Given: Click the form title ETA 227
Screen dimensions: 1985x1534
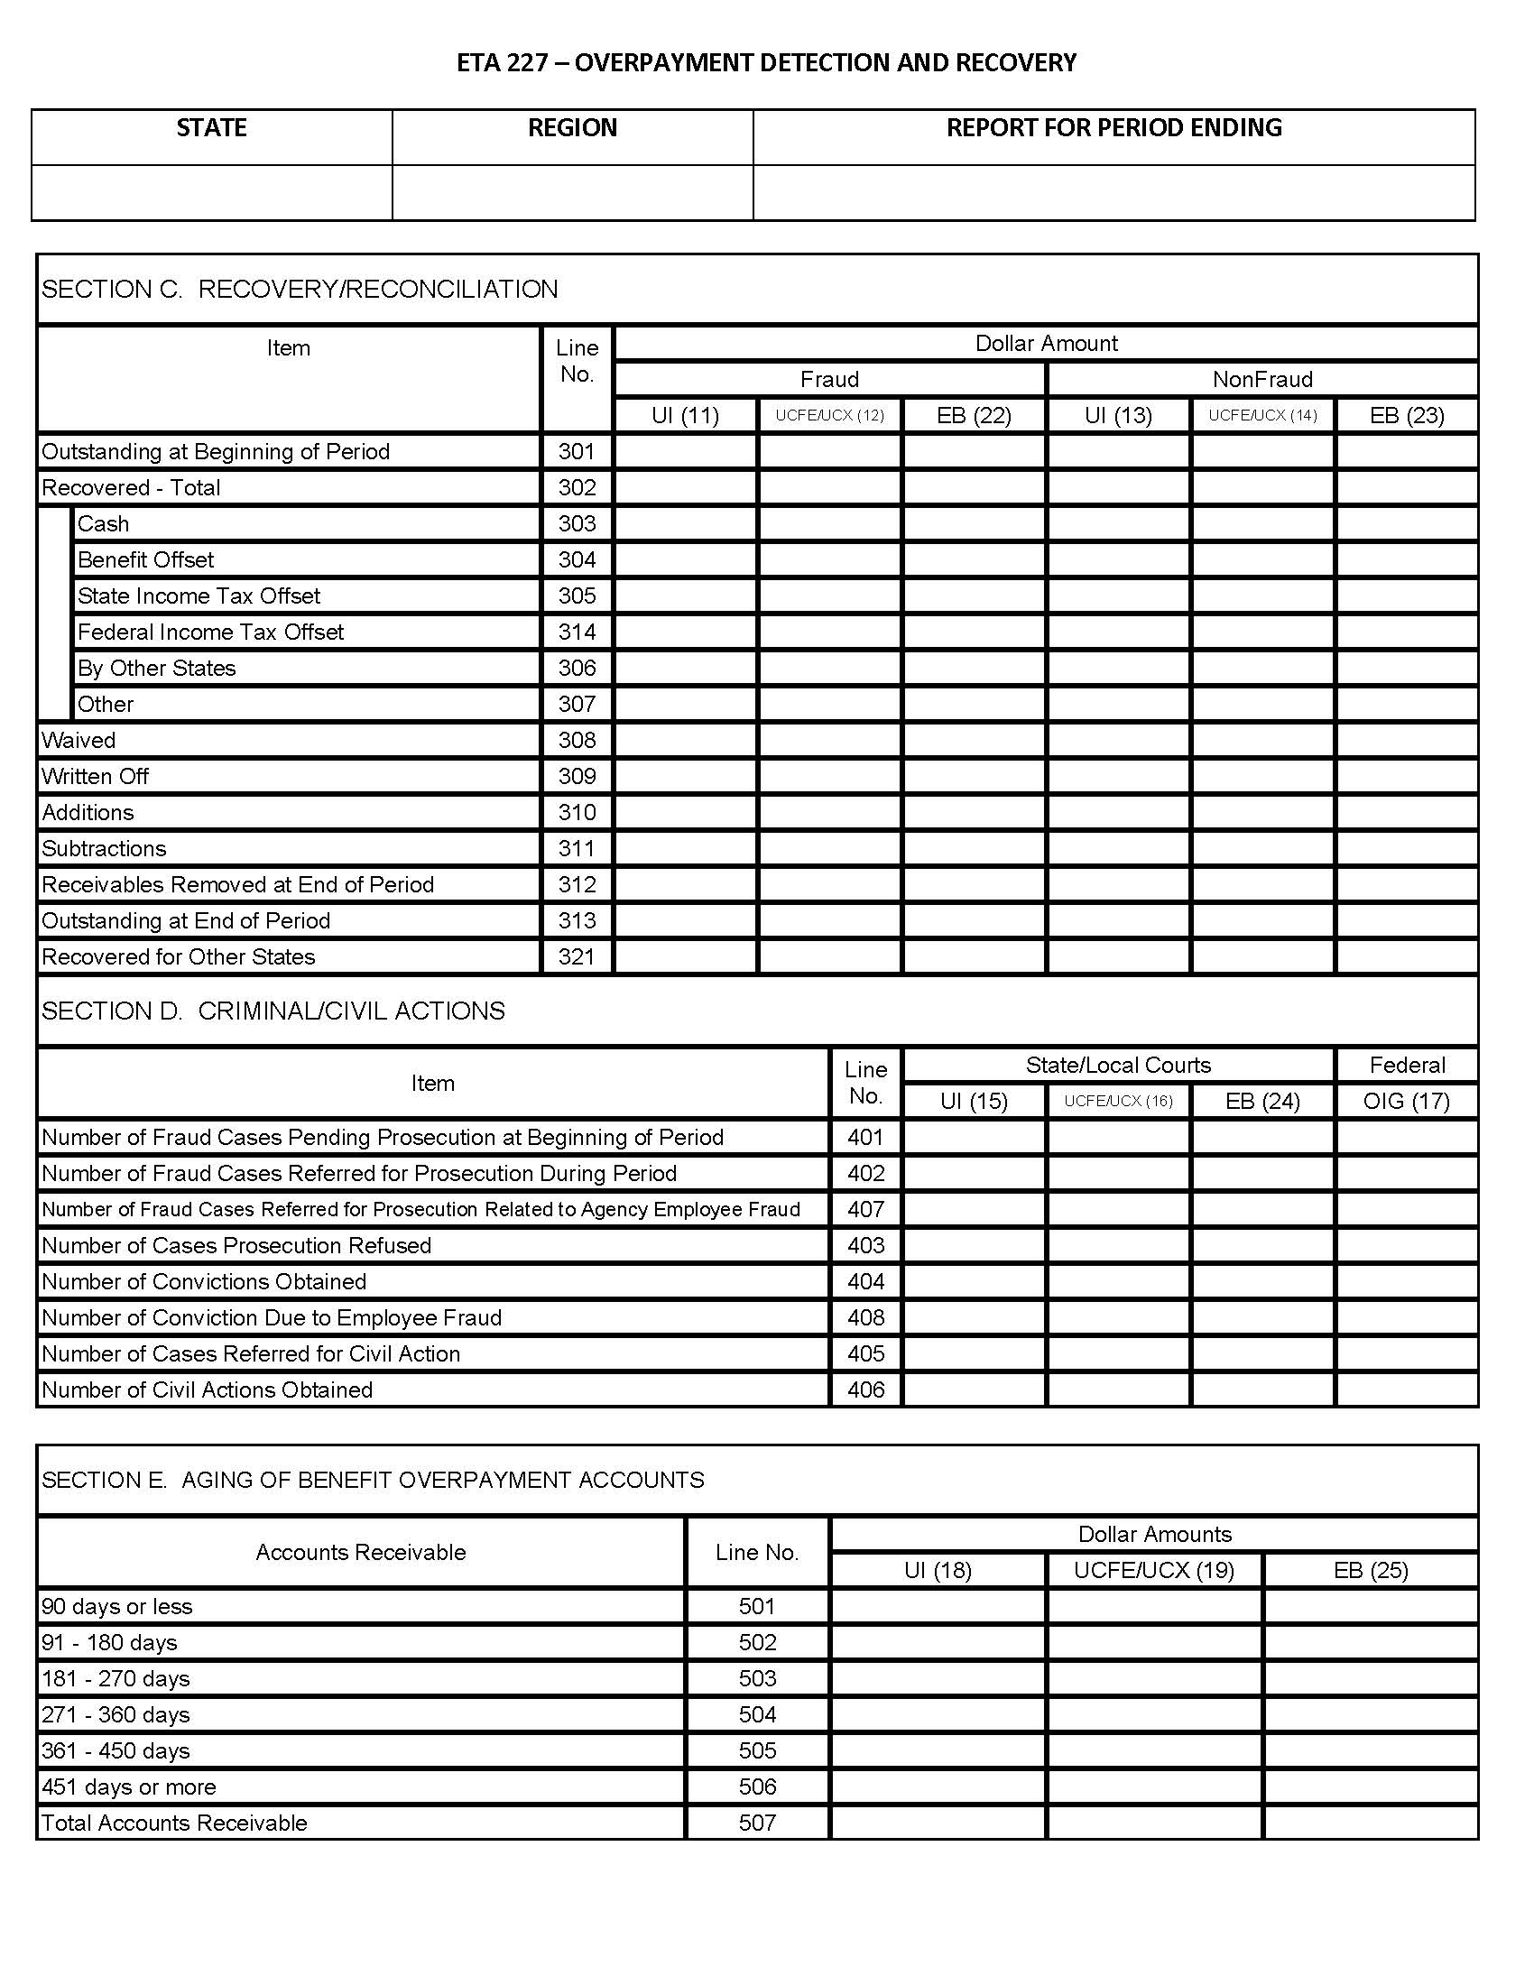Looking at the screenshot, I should (x=766, y=63).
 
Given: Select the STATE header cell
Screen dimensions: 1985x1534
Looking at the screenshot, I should (x=212, y=128).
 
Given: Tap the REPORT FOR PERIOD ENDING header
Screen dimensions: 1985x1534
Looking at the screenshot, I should (x=1114, y=128).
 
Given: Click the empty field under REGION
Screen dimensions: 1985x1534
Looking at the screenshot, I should (x=572, y=193).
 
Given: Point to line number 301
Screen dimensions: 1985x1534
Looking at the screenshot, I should (x=577, y=452).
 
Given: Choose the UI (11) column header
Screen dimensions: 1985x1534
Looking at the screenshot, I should (x=685, y=415).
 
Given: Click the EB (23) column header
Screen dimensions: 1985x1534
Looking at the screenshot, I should (x=1406, y=415).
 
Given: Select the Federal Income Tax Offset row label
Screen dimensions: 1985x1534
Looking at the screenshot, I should (x=211, y=632).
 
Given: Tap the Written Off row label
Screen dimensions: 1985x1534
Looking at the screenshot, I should (x=96, y=776).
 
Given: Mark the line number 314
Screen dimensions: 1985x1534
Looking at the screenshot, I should (x=577, y=632).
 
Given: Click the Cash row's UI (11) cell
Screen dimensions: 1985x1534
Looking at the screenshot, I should (x=685, y=523).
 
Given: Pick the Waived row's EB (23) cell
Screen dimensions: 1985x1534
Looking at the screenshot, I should (x=1406, y=740).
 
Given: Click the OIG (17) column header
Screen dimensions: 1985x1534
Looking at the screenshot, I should (x=1406, y=1101).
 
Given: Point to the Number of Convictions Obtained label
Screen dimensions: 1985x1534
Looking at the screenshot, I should (x=205, y=1281).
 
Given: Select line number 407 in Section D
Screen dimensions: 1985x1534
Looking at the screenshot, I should (x=865, y=1209).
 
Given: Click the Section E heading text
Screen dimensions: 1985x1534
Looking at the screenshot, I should (x=373, y=1480).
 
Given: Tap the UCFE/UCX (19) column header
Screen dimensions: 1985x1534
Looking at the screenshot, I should (x=1153, y=1570).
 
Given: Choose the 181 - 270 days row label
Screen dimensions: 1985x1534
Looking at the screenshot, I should (x=116, y=1678).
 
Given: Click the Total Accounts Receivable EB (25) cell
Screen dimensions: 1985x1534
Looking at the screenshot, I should (x=1370, y=1823).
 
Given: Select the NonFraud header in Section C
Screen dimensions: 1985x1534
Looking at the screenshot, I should (x=1261, y=379).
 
